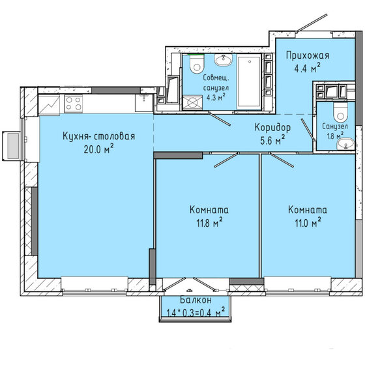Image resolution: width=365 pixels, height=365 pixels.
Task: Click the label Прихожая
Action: point(306,56)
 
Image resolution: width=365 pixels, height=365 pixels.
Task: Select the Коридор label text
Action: point(272,128)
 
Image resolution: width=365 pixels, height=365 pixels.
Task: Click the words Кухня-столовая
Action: point(99,136)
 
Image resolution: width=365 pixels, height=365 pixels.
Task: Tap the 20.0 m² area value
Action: point(99,149)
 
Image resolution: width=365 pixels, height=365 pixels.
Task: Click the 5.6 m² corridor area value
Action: point(272,139)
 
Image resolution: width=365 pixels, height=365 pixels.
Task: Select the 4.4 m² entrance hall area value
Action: point(306,68)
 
